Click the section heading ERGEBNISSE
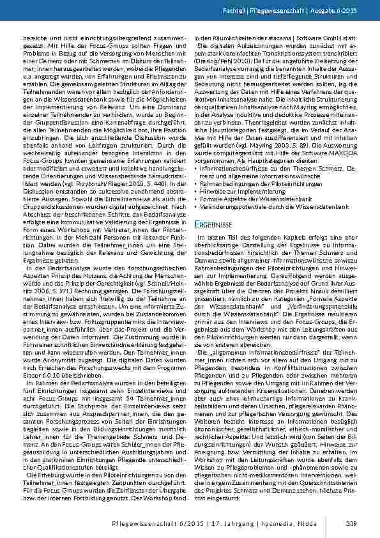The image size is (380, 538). [x=213, y=226]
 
